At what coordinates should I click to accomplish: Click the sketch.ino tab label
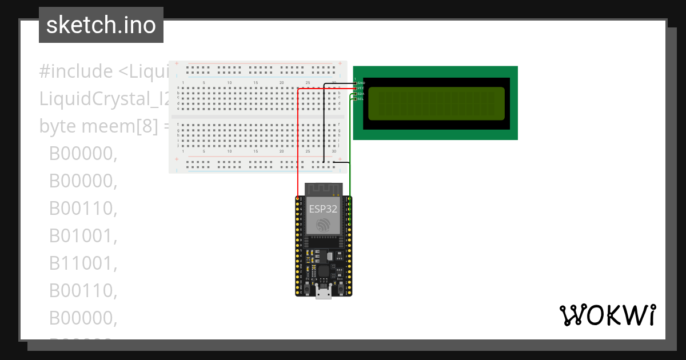[101, 25]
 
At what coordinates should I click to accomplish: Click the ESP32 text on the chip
[323, 209]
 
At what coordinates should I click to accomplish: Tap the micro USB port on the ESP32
[324, 294]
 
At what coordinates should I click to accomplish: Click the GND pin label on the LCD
[361, 83]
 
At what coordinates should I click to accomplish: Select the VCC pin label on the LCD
[361, 89]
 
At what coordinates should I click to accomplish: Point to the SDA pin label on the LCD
[361, 94]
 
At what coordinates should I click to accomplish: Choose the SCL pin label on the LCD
[361, 99]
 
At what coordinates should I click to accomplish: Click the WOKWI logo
[607, 315]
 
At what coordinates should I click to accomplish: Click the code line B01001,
[83, 235]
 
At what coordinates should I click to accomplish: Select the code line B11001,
[83, 263]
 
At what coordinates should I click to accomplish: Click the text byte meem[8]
[97, 126]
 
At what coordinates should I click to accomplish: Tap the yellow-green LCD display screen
[436, 103]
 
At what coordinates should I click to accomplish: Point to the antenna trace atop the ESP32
[323, 189]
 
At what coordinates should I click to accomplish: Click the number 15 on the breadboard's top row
[256, 83]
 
